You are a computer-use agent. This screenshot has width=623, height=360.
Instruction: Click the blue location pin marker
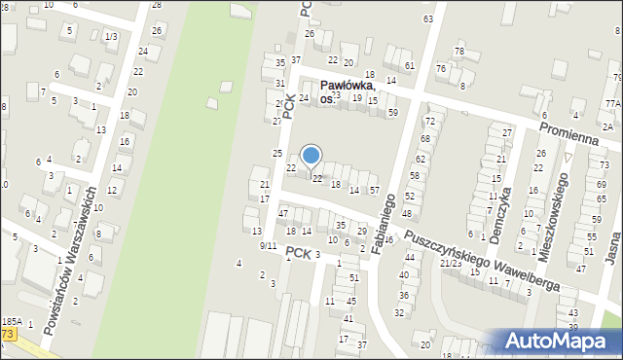[311, 156]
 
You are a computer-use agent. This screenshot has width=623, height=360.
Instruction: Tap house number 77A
[611, 103]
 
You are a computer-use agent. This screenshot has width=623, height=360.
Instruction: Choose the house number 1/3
[110, 36]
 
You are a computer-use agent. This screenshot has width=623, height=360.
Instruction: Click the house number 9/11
[268, 246]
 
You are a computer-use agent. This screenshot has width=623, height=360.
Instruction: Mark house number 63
[427, 19]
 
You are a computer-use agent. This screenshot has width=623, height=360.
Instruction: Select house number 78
[459, 51]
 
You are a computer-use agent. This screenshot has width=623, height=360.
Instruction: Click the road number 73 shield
[8, 334]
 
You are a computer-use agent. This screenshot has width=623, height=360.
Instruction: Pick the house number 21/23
[450, 263]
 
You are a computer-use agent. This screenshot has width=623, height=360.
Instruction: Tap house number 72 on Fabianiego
[429, 121]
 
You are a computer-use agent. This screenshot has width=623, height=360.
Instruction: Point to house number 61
[409, 65]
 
